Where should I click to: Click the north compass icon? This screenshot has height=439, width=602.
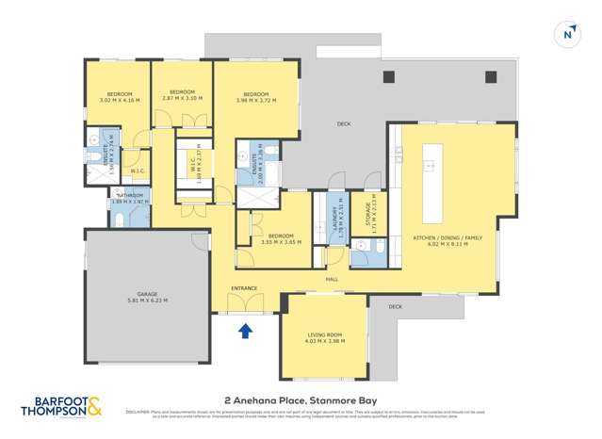click(568, 34)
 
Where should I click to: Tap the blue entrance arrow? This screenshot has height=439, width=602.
click(246, 330)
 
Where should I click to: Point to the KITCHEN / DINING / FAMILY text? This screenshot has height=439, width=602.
click(447, 237)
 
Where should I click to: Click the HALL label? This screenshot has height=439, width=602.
click(332, 280)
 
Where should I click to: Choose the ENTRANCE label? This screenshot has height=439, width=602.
click(245, 288)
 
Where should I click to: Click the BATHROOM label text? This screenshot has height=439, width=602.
click(129, 195)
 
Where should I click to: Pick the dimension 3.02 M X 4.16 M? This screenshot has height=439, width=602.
click(119, 100)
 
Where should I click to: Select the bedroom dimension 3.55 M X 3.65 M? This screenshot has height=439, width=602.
click(280, 242)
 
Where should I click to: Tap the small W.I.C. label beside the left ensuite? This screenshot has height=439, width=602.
click(137, 171)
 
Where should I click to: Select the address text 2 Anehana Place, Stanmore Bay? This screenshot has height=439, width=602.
click(301, 399)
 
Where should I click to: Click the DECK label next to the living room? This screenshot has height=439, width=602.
click(395, 306)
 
